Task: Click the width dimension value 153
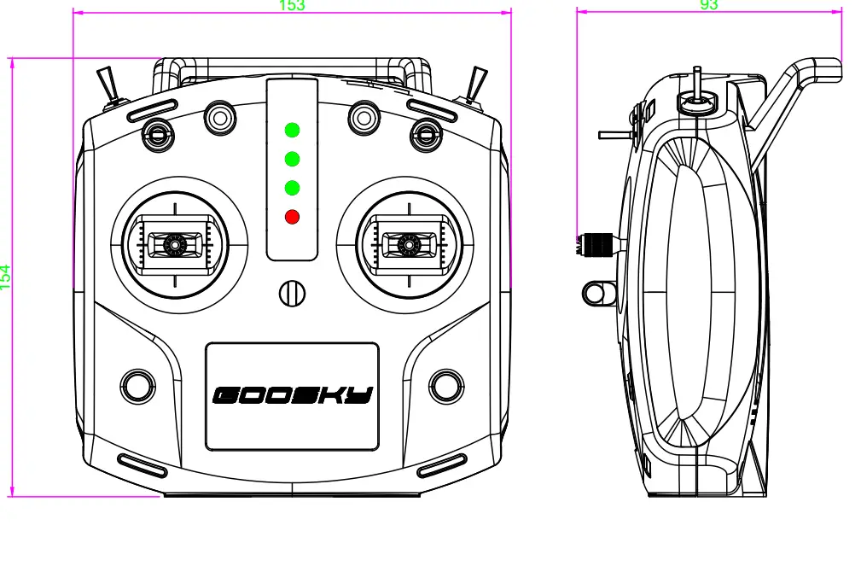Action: pos(292,5)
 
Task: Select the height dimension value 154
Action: pos(6,277)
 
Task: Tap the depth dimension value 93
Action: pos(708,5)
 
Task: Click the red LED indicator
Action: pos(292,216)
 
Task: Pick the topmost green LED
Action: pos(292,131)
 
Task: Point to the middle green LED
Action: pos(292,159)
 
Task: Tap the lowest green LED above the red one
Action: pos(292,188)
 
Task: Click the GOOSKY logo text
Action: pos(292,395)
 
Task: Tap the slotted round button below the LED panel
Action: pos(292,293)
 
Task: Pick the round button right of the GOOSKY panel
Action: pos(445,385)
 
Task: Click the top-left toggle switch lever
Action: pos(108,85)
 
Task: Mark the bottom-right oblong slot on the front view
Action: pos(441,465)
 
